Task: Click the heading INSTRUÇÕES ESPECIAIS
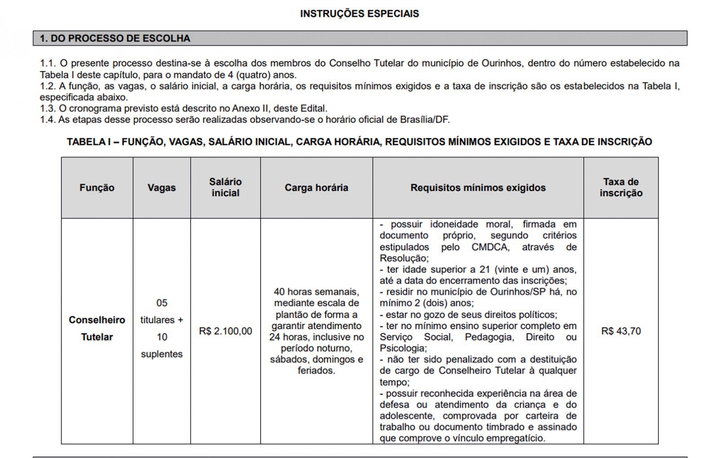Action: tap(359, 13)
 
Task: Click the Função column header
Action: tap(97, 188)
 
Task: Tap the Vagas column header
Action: tap(161, 188)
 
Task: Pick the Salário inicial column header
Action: tap(225, 187)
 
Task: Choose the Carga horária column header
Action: tap(316, 188)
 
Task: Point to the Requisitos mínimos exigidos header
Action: tap(478, 188)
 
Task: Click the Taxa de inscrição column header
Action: tap(621, 187)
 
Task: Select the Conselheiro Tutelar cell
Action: tap(97, 328)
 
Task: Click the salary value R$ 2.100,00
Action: tap(225, 331)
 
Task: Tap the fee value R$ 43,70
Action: tap(621, 331)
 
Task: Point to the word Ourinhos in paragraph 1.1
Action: tap(501, 63)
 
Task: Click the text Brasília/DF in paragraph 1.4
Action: tap(425, 120)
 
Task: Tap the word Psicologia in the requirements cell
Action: tap(402, 348)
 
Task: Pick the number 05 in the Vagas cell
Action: tap(161, 303)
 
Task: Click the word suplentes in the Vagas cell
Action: tap(161, 354)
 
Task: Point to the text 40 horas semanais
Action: tap(316, 292)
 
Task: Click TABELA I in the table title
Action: tap(88, 142)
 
